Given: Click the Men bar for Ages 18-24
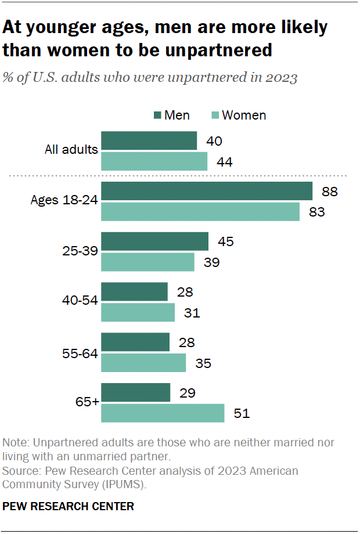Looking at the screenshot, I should (x=207, y=191).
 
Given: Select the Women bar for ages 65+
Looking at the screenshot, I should (x=163, y=413).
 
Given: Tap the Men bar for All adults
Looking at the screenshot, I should (x=149, y=140).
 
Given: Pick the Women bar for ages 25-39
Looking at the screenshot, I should (x=148, y=262).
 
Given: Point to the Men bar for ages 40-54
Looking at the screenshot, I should (x=135, y=292).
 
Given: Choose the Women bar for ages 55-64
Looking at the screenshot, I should (x=143, y=363).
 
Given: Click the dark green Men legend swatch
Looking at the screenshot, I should (x=157, y=116).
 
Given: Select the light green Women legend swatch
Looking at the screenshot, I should (x=214, y=116).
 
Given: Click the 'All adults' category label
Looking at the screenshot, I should (x=71, y=150).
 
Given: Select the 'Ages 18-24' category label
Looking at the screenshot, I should (x=64, y=201).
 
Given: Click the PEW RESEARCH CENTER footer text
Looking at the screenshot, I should (x=68, y=506).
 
